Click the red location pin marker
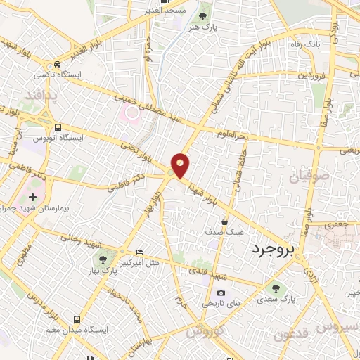point(181,165)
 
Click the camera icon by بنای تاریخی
point(221,293)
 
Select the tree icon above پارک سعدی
point(274,288)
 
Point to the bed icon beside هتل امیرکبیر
point(139,251)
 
